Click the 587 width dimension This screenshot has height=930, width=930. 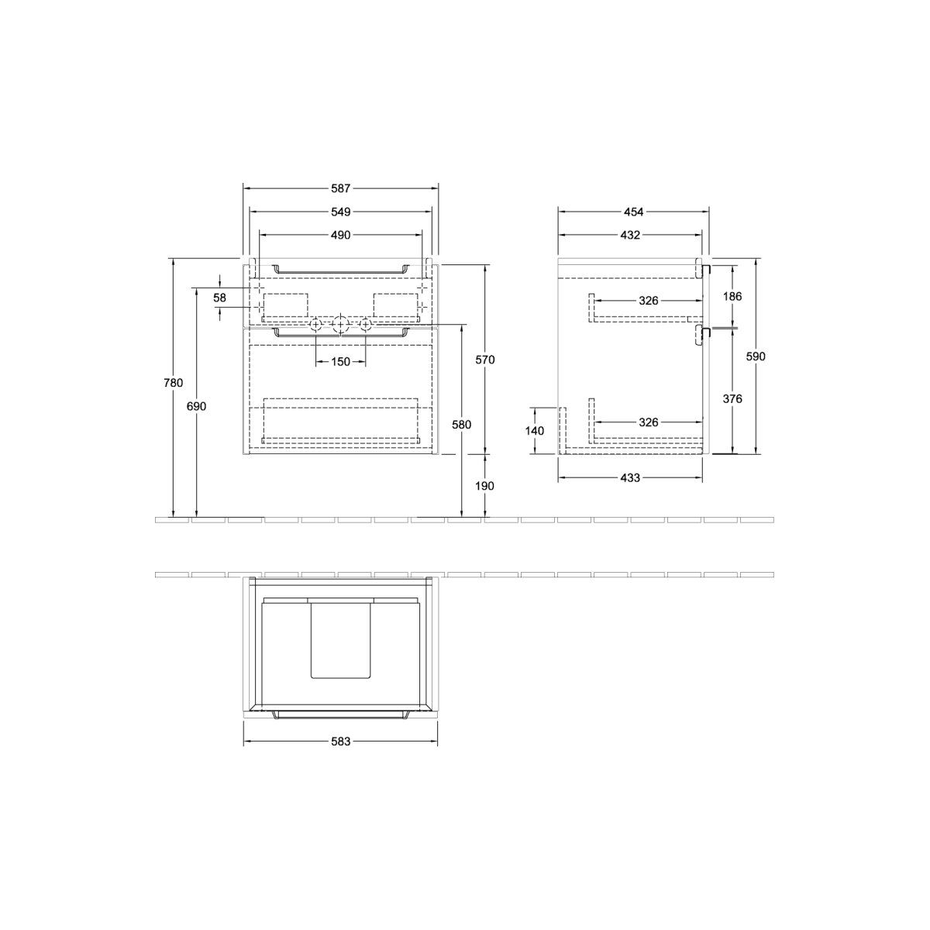pos(340,188)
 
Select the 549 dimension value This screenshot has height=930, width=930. pos(340,212)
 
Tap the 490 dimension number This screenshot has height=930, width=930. pos(340,235)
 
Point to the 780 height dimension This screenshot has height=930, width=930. pos(174,383)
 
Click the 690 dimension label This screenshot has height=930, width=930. pos(196,406)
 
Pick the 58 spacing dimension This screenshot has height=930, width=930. pos(219,298)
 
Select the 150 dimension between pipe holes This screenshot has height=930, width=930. pos(340,361)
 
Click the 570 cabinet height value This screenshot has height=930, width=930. pos(485,360)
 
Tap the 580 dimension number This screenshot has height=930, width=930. pos(461,425)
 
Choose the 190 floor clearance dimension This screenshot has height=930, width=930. pos(484,486)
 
